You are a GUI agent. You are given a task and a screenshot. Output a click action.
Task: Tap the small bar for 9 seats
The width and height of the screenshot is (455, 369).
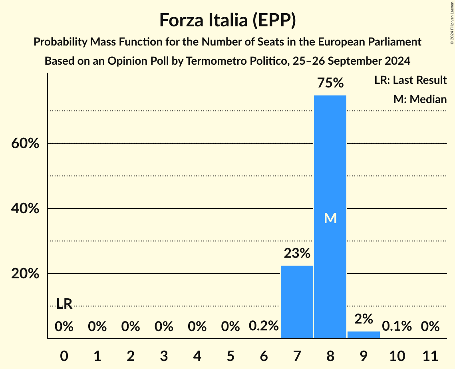[x=364, y=335]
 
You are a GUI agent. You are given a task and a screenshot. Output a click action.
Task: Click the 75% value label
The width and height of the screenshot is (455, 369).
[x=330, y=83]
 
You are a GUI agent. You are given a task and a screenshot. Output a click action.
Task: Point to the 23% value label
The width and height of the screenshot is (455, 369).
[x=297, y=253]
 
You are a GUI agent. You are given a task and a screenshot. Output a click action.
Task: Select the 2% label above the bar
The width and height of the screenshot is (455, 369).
[x=364, y=319]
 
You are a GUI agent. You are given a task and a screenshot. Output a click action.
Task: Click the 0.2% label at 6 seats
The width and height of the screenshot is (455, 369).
[x=264, y=326]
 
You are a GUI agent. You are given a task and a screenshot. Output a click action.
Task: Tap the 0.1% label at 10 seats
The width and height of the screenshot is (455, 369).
[x=397, y=326]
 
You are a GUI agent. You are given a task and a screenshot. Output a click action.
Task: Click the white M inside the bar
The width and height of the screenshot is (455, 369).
[x=330, y=218]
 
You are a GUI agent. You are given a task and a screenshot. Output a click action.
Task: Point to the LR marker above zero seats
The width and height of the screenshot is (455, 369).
[x=64, y=304]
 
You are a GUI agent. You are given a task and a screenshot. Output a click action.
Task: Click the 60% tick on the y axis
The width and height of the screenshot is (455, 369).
[x=25, y=143]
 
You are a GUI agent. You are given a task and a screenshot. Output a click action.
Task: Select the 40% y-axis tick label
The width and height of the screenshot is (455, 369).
[x=25, y=208]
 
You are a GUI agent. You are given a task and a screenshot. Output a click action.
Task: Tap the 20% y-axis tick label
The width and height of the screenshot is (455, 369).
[x=25, y=274]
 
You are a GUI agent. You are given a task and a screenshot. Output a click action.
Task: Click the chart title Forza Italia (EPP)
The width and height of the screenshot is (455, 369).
[x=227, y=20]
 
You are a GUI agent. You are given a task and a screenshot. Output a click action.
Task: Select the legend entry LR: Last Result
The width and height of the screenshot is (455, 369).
[x=410, y=80]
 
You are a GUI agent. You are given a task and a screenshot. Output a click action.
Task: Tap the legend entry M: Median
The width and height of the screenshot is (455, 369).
[x=420, y=99]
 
